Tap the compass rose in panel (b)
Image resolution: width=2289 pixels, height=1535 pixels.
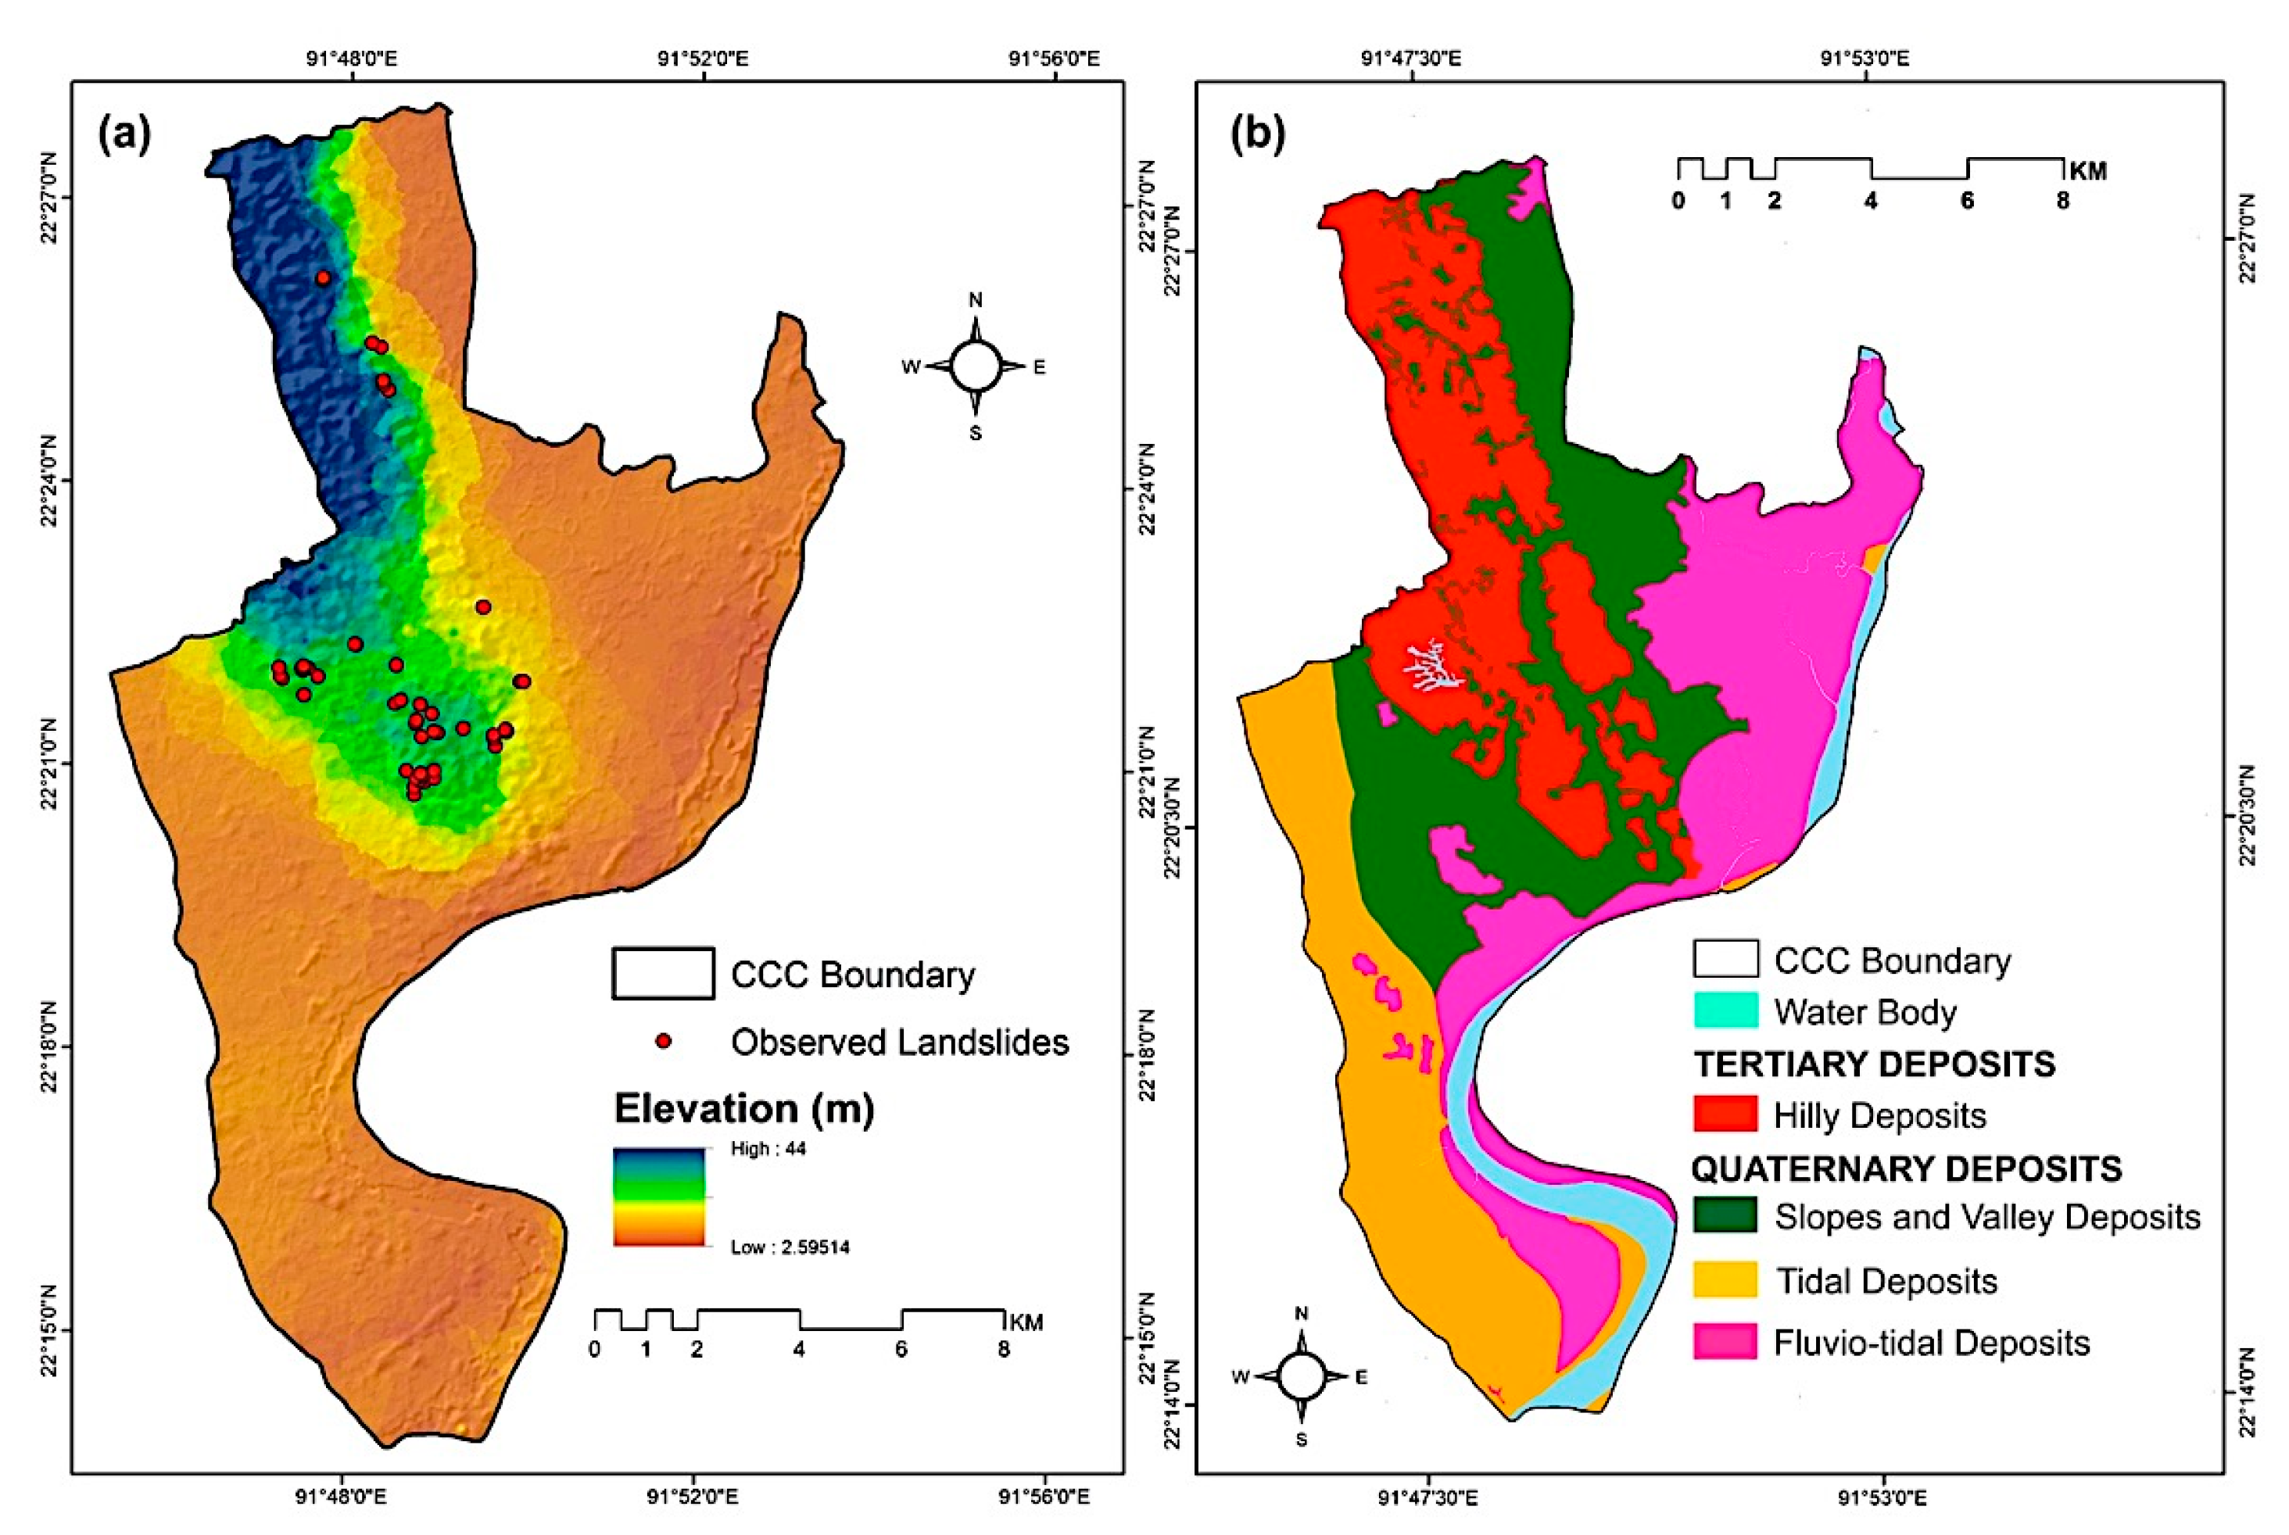tap(1301, 1376)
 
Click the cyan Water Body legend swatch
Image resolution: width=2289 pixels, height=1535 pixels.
tap(1725, 1011)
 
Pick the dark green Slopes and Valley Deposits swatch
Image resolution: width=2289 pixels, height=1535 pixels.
tap(1725, 1216)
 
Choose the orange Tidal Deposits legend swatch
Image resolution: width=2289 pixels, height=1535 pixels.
tap(1725, 1280)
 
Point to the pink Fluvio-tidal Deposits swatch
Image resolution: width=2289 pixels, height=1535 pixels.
tap(1725, 1342)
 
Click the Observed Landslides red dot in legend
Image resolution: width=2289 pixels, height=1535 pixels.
tap(664, 1040)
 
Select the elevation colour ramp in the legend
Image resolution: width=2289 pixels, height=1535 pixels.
tap(659, 1197)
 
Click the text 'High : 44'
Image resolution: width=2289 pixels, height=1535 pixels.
tap(768, 1148)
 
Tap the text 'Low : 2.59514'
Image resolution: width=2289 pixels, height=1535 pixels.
tap(789, 1247)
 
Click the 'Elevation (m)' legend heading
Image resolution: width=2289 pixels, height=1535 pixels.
tap(743, 1108)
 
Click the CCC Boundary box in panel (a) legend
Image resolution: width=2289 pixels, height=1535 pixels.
tap(663, 973)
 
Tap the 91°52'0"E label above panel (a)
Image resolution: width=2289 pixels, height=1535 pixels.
tap(702, 59)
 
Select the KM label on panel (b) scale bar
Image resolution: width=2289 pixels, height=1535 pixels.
tap(2087, 171)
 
